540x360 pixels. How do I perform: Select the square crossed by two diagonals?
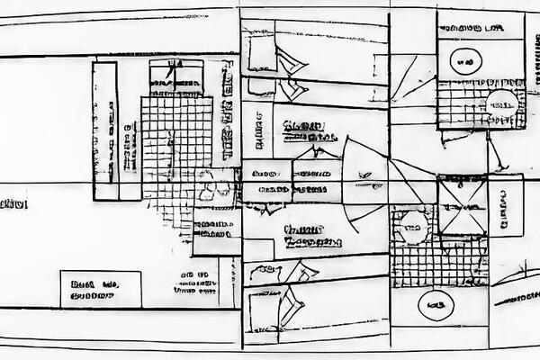click(462, 204)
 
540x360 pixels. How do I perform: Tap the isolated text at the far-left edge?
click(13, 204)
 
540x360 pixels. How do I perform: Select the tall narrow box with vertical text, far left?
click(104, 130)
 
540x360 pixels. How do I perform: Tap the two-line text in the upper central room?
click(307, 131)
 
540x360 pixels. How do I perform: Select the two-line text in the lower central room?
click(311, 236)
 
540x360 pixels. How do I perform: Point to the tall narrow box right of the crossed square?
click(505, 204)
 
